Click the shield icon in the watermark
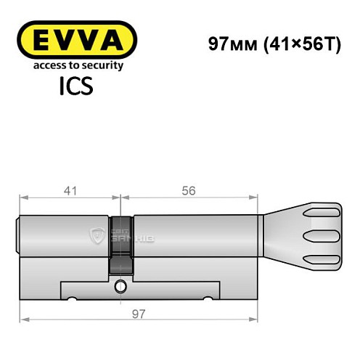98,234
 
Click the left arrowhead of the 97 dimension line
24,319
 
